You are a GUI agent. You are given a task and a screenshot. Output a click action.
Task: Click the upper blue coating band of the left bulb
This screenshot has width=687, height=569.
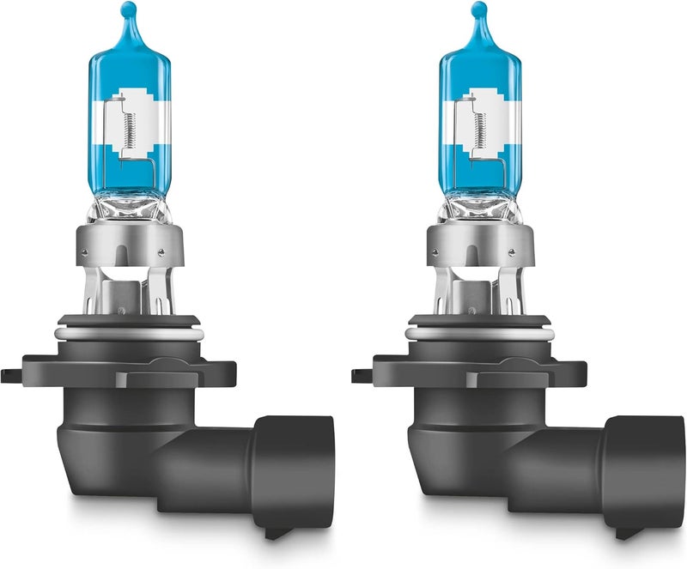[x=131, y=69]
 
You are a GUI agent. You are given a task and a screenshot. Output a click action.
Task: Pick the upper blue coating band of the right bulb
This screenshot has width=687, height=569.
[x=478, y=69]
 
